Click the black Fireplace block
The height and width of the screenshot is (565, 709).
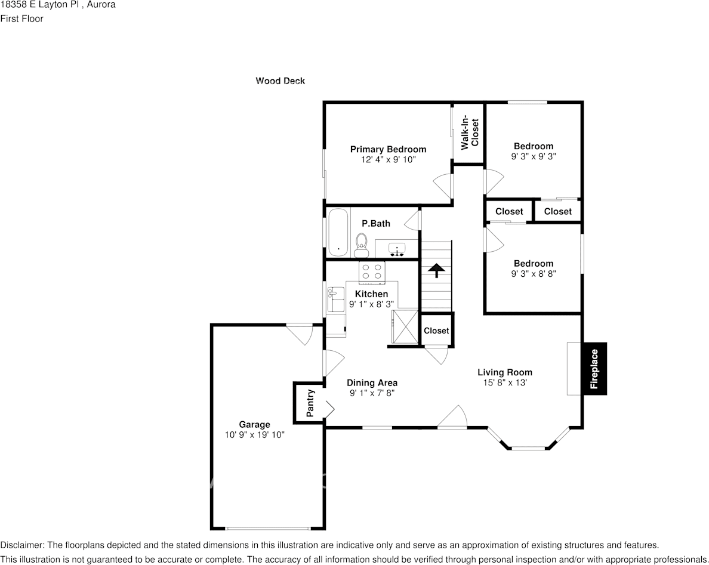click(x=594, y=369)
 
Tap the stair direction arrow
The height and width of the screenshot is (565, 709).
click(x=436, y=270)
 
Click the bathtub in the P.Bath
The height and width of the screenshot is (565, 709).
click(x=338, y=232)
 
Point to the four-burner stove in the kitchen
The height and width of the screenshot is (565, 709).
click(x=372, y=271)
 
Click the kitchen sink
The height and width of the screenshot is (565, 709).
click(x=335, y=300)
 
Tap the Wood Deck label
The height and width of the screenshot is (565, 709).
click(x=280, y=81)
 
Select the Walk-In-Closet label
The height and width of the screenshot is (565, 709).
click(x=470, y=132)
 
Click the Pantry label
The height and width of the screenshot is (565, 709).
click(x=310, y=403)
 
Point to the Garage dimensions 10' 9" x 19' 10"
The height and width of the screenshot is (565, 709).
click(x=255, y=435)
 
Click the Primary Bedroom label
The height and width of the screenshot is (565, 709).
click(x=388, y=149)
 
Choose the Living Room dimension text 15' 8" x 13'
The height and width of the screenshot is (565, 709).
click(x=505, y=382)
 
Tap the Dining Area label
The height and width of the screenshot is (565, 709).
click(x=372, y=383)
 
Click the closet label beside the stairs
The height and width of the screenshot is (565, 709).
click(x=436, y=331)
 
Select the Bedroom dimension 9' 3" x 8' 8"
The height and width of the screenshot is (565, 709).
click(x=534, y=273)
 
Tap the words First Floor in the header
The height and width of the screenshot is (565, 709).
click(x=21, y=18)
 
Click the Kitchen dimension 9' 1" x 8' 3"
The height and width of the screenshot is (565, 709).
click(x=371, y=304)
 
